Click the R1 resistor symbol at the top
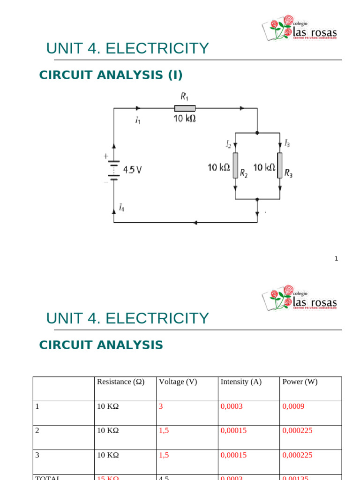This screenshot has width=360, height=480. pos(185,108)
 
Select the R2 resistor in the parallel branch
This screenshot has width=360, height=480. pos(235,165)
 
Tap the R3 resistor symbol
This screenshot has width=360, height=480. pos(280,165)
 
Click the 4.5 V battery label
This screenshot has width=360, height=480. pos(132,170)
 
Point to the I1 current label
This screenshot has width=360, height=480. pos(137,121)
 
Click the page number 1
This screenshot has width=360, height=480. pos(336,258)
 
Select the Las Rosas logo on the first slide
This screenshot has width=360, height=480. pos(299,29)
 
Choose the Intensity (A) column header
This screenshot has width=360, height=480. pos(241,382)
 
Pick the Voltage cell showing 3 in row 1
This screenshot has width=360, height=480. pos(161,406)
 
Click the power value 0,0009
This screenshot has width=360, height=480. pos(293,406)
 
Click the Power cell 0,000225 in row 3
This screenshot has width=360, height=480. pos(297,455)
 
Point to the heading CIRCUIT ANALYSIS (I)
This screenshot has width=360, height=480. pos(111,75)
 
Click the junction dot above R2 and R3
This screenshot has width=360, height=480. pos(257,133)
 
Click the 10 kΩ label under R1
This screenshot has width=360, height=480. pos(185,119)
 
